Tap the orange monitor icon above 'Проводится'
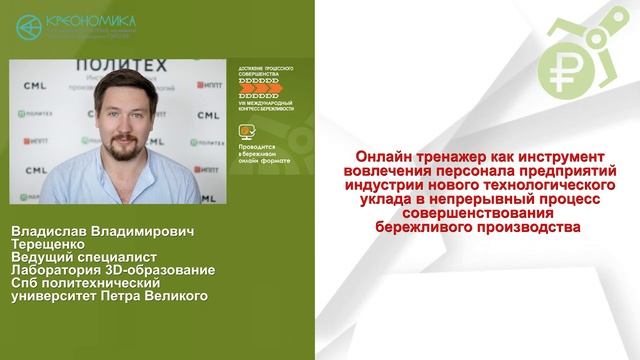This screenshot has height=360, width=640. pos(246,131)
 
